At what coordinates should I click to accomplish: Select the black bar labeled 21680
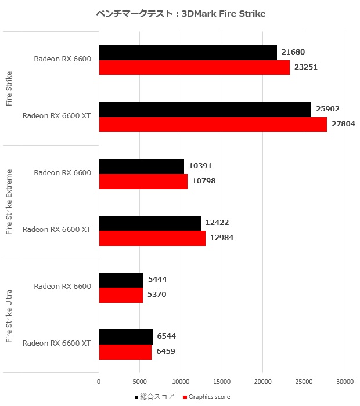click(188, 53)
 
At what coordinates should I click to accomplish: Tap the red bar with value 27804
click(213, 124)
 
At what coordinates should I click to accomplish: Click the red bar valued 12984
click(152, 238)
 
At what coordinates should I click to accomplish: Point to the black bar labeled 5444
click(121, 280)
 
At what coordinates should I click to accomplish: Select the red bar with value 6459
click(125, 351)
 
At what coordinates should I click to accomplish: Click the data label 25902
click(328, 109)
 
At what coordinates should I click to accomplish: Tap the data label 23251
click(307, 67)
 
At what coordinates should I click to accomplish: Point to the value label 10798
click(204, 181)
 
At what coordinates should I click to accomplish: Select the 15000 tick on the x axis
click(222, 382)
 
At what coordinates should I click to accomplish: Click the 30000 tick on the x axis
click(345, 382)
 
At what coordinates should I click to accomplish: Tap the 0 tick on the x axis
click(99, 382)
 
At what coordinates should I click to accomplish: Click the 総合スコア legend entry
click(157, 397)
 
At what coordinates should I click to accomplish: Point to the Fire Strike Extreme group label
click(9, 202)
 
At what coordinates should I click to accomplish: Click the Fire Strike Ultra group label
click(9, 316)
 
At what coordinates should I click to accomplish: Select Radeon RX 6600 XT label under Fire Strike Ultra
click(56, 343)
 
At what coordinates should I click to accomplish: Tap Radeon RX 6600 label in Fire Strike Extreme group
click(62, 172)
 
